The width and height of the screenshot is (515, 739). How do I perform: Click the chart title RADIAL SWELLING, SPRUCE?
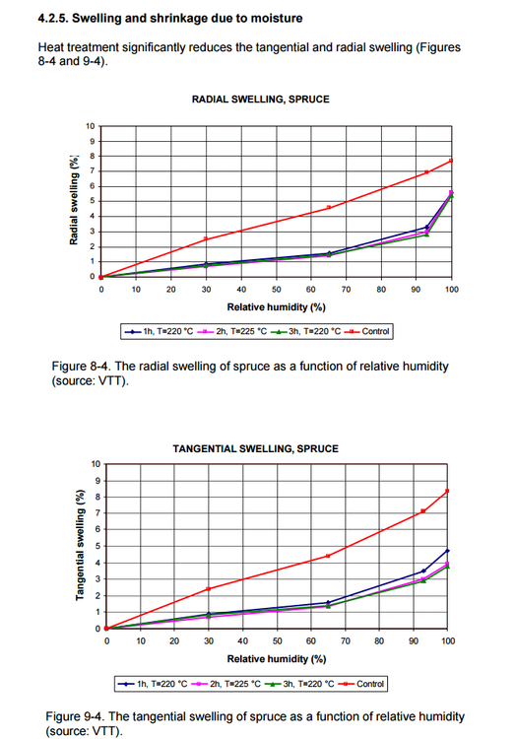tap(260, 100)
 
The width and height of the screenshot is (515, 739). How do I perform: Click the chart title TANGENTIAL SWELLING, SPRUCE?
tap(255, 448)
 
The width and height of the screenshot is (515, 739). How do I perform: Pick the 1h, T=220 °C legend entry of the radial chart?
tap(161, 331)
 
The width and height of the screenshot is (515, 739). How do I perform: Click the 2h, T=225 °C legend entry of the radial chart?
tap(231, 331)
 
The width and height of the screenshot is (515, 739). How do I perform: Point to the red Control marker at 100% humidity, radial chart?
tap(451, 161)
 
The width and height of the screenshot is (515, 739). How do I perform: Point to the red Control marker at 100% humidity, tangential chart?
tap(448, 491)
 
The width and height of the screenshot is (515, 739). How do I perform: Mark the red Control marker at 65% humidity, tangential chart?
tap(328, 556)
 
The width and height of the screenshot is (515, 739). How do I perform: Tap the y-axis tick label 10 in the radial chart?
tap(91, 126)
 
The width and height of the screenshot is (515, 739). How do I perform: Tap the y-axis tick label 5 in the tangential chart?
tap(97, 546)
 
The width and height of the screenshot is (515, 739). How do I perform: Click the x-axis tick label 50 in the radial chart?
tap(276, 291)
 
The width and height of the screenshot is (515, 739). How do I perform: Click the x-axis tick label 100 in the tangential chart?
tap(448, 641)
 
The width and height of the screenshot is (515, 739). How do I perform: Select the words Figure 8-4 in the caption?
tap(76, 367)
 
